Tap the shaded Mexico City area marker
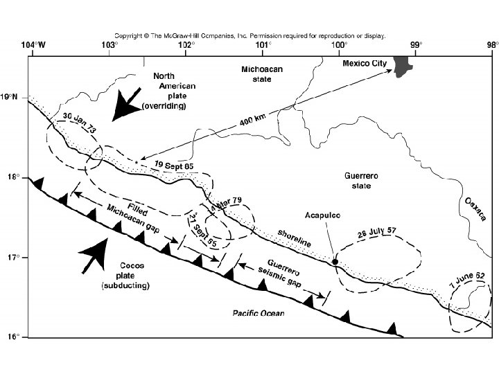pyautogui.click(x=401, y=64)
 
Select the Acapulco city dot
pyautogui.click(x=335, y=262)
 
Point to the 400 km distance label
pyautogui.click(x=254, y=120)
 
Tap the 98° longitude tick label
pyautogui.click(x=491, y=45)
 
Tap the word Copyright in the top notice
pyautogui.click(x=129, y=34)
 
